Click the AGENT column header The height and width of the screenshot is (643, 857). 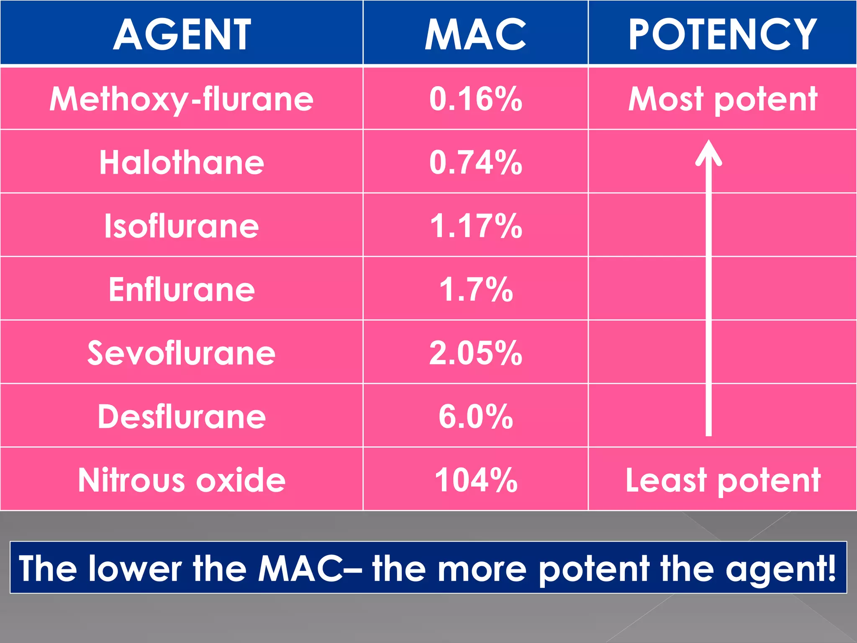182,34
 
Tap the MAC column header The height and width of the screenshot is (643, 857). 475,34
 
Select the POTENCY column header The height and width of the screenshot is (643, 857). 722,34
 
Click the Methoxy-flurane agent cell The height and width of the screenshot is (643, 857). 182,100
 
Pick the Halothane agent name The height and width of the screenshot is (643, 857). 182,162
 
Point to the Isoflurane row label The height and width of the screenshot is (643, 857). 182,226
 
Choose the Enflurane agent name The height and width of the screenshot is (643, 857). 182,290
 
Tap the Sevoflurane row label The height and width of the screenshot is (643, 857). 182,353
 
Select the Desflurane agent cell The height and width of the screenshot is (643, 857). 182,417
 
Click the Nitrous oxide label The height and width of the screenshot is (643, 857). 182,480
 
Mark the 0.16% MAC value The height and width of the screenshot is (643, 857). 476,99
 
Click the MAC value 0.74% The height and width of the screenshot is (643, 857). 476,162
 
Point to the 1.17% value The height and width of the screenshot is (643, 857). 476,226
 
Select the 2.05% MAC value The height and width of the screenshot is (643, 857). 476,353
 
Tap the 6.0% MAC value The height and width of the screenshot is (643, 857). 476,417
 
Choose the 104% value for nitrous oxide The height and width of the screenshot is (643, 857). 476,480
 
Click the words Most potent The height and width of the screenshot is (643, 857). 723,100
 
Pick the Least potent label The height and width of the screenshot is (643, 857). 723,481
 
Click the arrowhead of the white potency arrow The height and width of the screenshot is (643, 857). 708,152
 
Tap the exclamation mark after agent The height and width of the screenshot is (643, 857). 831,568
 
